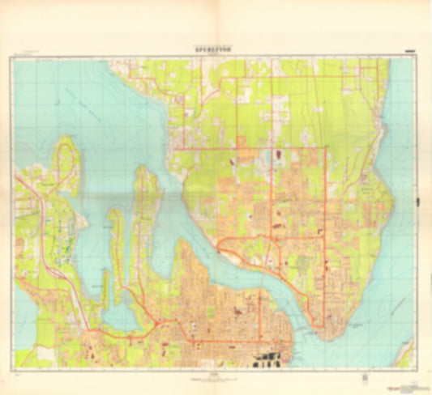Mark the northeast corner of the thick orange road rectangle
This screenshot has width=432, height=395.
click(x=325, y=147)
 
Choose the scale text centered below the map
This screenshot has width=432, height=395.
click(x=215, y=375)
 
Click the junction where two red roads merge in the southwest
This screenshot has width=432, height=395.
click(x=97, y=332)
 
